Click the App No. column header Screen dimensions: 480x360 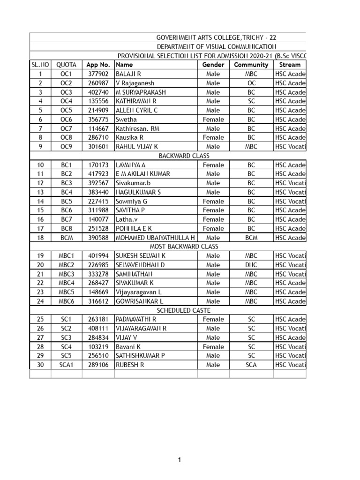[x=97, y=65]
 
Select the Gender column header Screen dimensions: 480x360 [x=213, y=65]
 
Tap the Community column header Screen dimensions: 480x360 [x=251, y=65]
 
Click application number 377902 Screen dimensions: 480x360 [x=97, y=74]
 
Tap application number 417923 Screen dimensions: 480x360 [x=97, y=174]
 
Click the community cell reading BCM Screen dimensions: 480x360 [x=251, y=238]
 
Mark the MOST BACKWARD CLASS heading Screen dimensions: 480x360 [x=184, y=247]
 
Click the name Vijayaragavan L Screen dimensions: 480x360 [x=139, y=292]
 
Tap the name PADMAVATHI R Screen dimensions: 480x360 [x=136, y=319]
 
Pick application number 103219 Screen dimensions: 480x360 [x=97, y=347]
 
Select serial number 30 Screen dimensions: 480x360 [x=40, y=365]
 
